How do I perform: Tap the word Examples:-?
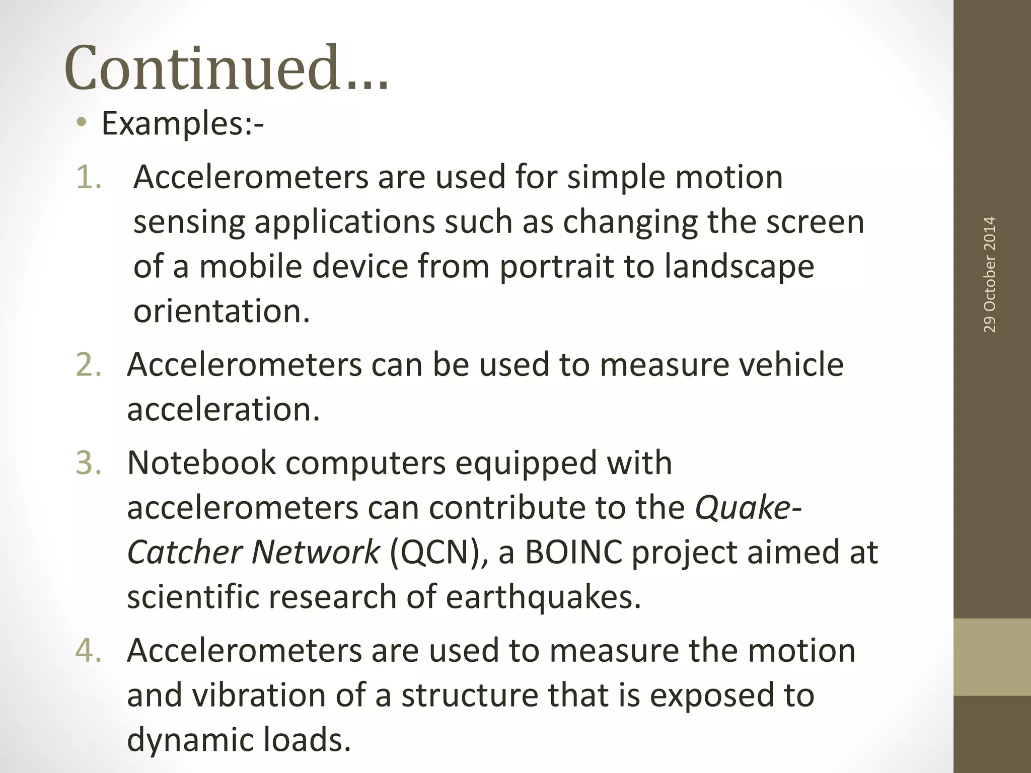click(x=182, y=124)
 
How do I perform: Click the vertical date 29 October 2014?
click(x=989, y=274)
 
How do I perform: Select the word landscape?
click(x=739, y=267)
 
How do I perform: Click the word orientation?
click(x=222, y=311)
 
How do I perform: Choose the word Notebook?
click(x=201, y=463)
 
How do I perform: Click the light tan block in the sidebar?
click(x=992, y=657)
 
